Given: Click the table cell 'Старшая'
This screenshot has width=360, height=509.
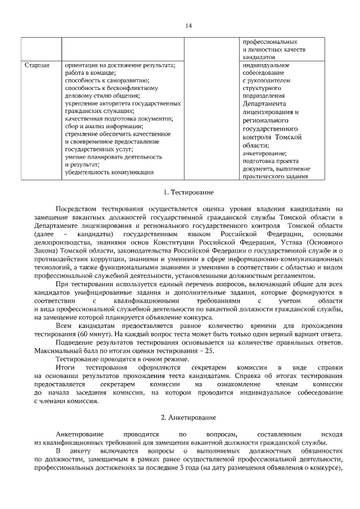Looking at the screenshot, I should (x=37, y=65).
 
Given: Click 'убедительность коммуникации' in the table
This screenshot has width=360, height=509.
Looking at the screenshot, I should (x=109, y=172).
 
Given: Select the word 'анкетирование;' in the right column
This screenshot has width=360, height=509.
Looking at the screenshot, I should (x=264, y=153).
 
